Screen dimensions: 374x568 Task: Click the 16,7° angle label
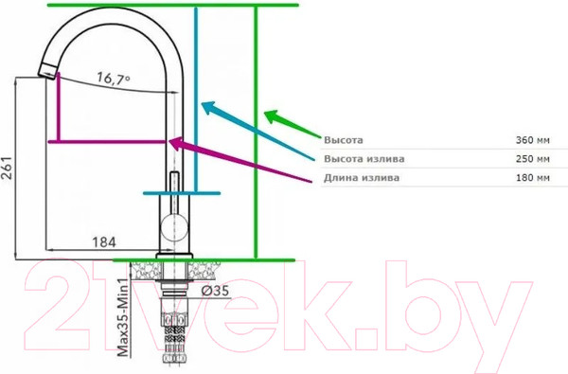click(x=113, y=80)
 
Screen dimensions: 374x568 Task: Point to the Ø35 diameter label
click(x=214, y=291)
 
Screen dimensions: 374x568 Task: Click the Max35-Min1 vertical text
click(x=123, y=317)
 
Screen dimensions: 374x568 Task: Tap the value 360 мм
click(x=532, y=139)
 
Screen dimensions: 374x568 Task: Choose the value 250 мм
click(x=532, y=158)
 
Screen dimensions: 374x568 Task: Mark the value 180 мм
click(x=532, y=177)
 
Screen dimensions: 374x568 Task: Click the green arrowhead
click(x=271, y=116)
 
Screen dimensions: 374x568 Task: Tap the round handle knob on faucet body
click(x=173, y=225)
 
